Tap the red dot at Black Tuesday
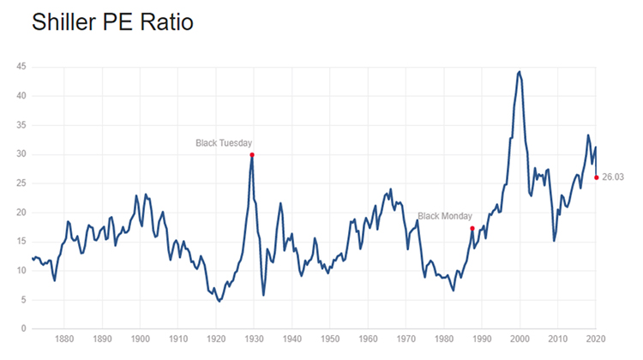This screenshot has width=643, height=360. pyautogui.click(x=252, y=154)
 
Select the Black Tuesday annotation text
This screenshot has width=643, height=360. pyautogui.click(x=224, y=142)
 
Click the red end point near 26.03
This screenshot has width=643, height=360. pyautogui.click(x=596, y=177)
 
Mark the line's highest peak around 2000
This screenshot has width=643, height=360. pyautogui.click(x=519, y=72)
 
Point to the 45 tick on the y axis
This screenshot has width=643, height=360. pyautogui.click(x=21, y=67)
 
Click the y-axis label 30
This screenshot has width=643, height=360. pyautogui.click(x=21, y=154)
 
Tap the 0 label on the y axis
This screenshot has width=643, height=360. pyautogui.click(x=23, y=328)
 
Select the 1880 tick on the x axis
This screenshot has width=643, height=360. pyautogui.click(x=64, y=339)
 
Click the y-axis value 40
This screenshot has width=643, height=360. pyautogui.click(x=21, y=96)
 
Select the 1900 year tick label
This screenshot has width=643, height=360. pyautogui.click(x=139, y=339)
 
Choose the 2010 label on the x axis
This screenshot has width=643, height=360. pyautogui.click(x=557, y=339)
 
